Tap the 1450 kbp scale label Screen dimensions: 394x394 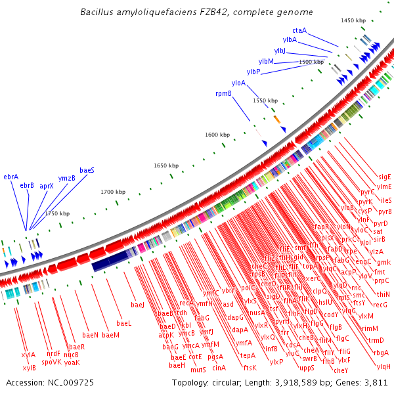point(353,21)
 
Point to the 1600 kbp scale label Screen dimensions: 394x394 point(217,135)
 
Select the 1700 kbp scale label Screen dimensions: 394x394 point(113,192)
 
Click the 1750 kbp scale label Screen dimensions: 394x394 point(57,213)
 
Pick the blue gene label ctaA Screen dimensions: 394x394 point(299,30)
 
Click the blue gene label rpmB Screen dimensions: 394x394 point(223,93)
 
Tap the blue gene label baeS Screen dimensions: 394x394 point(87,170)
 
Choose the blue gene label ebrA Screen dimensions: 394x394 point(11,177)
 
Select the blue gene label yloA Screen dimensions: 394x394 point(238,83)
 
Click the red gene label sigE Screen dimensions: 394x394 point(384,177)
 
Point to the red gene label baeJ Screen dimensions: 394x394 point(137,305)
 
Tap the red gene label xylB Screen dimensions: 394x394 point(29,368)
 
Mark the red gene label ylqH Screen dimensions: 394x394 point(383,366)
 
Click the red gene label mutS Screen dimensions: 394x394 point(198,370)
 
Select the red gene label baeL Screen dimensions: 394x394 point(124,323)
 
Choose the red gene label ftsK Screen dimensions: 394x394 point(250,368)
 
